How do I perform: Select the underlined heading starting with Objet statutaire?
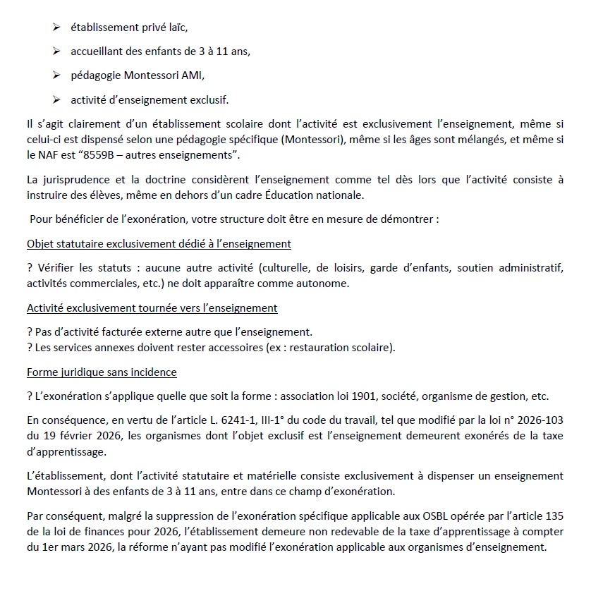point(159,244)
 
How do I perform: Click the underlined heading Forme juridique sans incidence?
point(102,372)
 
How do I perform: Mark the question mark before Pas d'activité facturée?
point(30,332)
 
